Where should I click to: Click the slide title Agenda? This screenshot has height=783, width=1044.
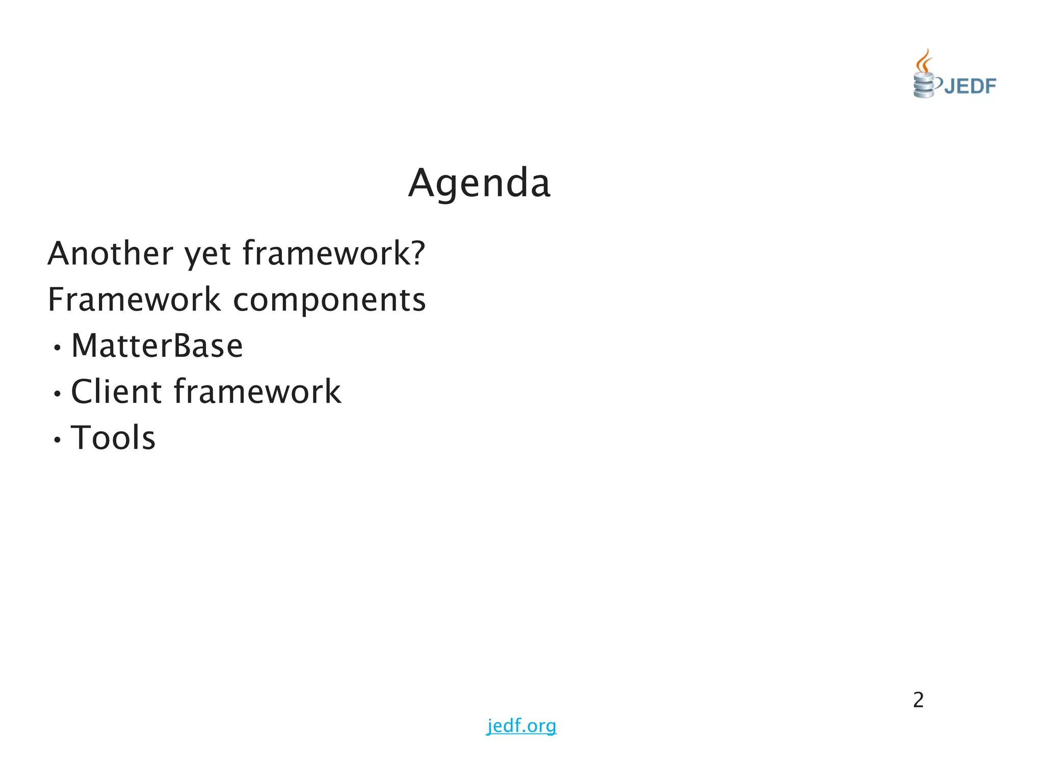479,184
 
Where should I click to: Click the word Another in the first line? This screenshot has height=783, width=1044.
110,253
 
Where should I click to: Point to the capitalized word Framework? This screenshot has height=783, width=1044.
134,300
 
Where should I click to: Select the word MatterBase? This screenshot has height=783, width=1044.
157,346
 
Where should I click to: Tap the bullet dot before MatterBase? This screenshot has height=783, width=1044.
58,348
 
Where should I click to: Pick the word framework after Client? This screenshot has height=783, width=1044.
257,391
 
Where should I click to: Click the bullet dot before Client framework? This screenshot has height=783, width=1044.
58,394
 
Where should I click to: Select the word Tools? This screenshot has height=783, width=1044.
113,438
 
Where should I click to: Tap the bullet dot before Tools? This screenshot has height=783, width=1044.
58,440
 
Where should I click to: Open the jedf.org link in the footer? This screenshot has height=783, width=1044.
521,725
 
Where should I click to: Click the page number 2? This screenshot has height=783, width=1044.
918,700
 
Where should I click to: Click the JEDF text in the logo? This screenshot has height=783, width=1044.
970,86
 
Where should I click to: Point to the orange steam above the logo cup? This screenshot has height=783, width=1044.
924,61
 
